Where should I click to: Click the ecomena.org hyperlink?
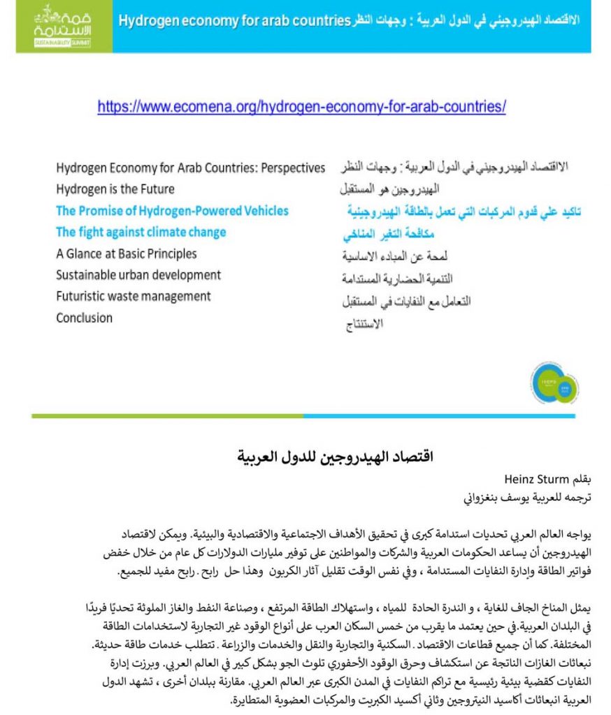(x=301, y=107)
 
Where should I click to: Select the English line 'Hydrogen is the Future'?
(x=115, y=189)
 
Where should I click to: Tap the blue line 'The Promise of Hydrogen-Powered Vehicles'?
(x=172, y=211)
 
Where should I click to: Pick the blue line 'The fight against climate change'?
(x=141, y=232)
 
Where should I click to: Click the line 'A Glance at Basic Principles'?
(x=127, y=253)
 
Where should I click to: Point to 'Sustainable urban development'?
(x=138, y=275)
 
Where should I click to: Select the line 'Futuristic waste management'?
(x=134, y=296)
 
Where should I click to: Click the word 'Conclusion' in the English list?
(x=84, y=318)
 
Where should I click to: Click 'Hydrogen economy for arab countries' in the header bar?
(x=233, y=20)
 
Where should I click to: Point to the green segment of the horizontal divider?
(x=167, y=415)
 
